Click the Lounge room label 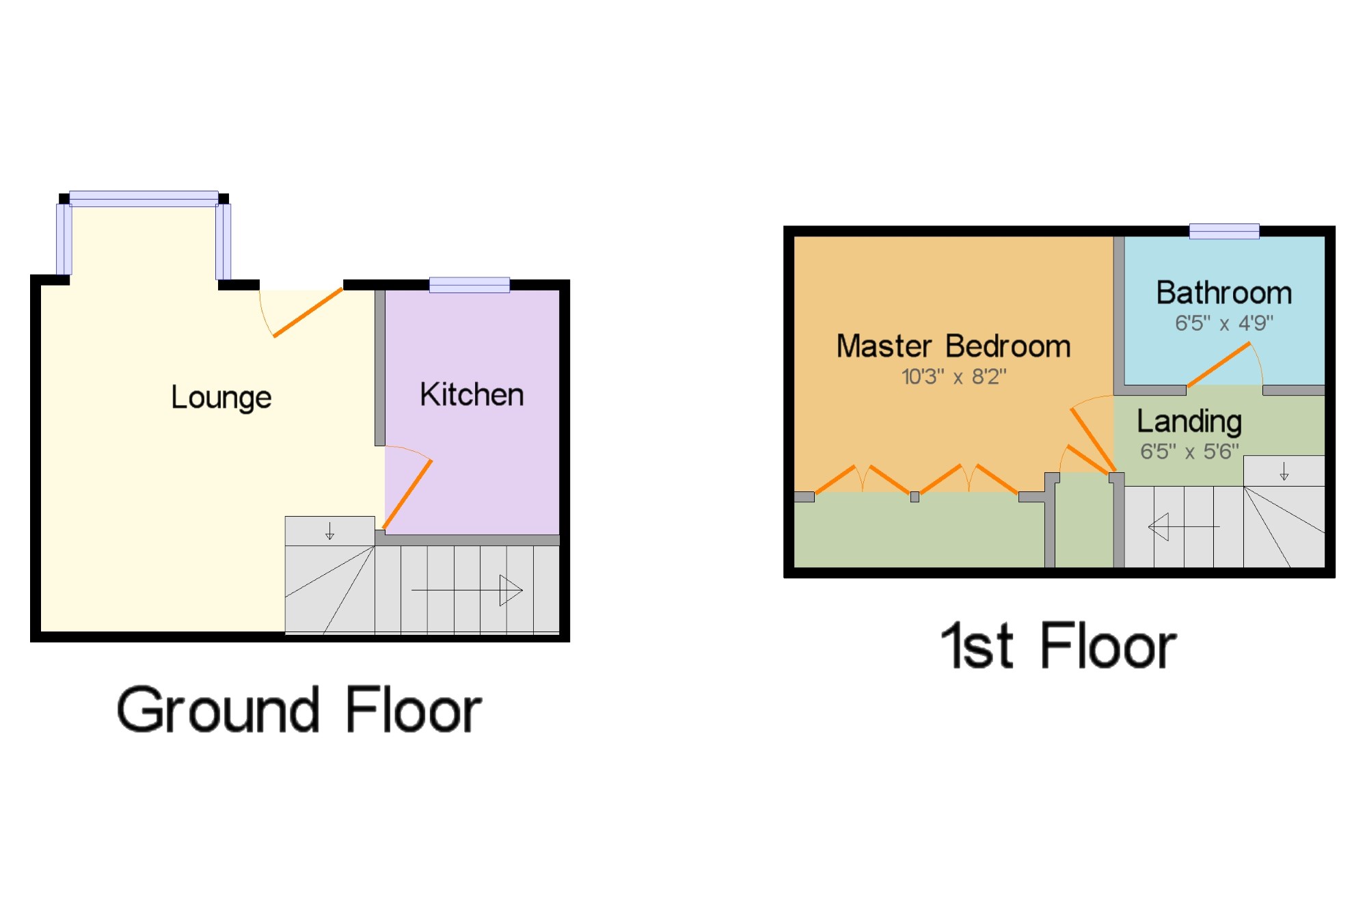pos(221,398)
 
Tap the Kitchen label pos(472,395)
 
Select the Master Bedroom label pos(953,346)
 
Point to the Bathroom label pos(1223,293)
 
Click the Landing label pos(1189,422)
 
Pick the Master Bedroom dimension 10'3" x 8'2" pos(953,377)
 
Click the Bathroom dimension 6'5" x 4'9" pos(1223,323)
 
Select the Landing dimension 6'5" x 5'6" pos(1189,452)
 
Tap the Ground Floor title pos(299,711)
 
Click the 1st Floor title pos(1058,646)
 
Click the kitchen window pos(469,285)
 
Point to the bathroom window pos(1223,231)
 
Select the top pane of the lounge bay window pos(144,199)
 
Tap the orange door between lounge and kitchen pos(408,493)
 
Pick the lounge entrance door pos(308,312)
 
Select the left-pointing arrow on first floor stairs pos(1183,527)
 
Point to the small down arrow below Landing pos(1284,472)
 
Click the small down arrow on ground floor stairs pos(329,531)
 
